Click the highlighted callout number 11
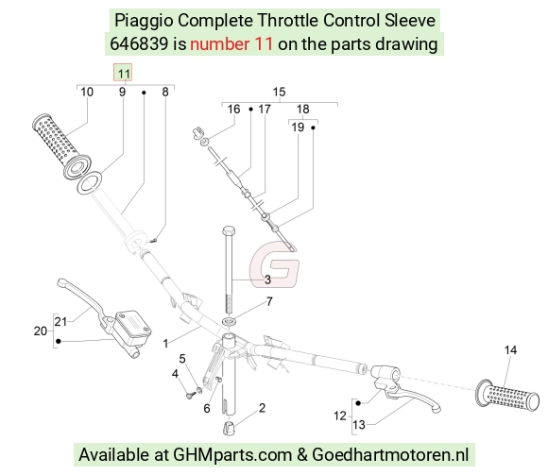pos(123,74)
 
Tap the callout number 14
pos(510,350)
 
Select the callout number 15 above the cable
pos(279,92)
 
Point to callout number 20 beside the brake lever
pos(41,331)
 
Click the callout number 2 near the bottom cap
pos(262,408)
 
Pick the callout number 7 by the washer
pos(269,301)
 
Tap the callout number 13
pos(359,425)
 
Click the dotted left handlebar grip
pos(61,146)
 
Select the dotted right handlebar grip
pos(507,396)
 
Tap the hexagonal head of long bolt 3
pos(229,230)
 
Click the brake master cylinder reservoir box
pos(133,325)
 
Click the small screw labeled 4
pos(191,396)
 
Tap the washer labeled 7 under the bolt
pos(229,321)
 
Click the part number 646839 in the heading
pos(139,44)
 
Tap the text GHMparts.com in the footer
pos(232,455)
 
